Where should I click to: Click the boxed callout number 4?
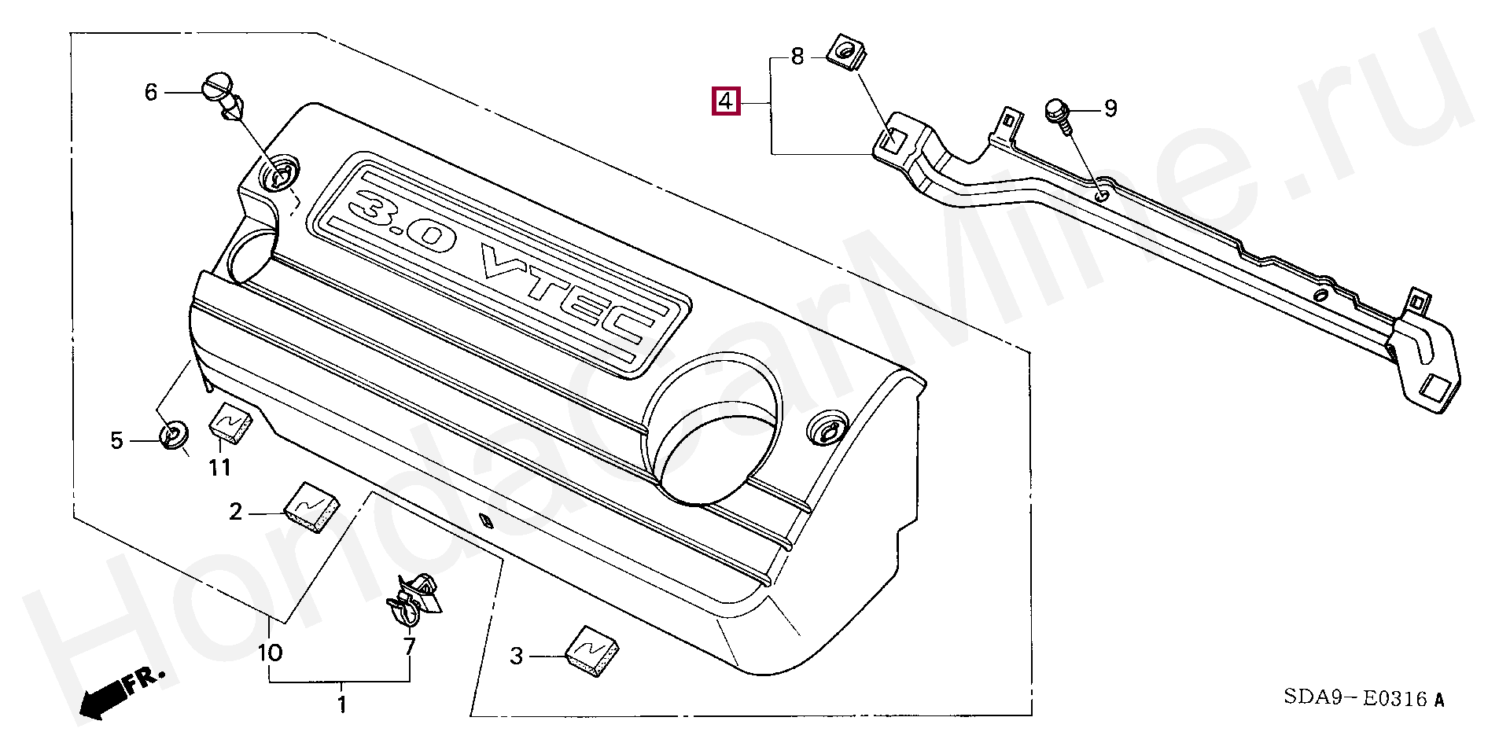point(725,101)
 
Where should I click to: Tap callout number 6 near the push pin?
point(151,92)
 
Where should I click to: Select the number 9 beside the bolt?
point(1110,109)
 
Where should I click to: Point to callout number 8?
point(797,57)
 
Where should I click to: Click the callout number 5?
point(116,441)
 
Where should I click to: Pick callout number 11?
point(219,468)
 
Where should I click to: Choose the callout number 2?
point(236,513)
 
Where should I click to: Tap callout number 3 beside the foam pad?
point(516,656)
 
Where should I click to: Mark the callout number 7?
point(409,647)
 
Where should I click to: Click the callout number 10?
point(270,653)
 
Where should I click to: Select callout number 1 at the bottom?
point(341,704)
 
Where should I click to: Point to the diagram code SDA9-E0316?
point(1363,698)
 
